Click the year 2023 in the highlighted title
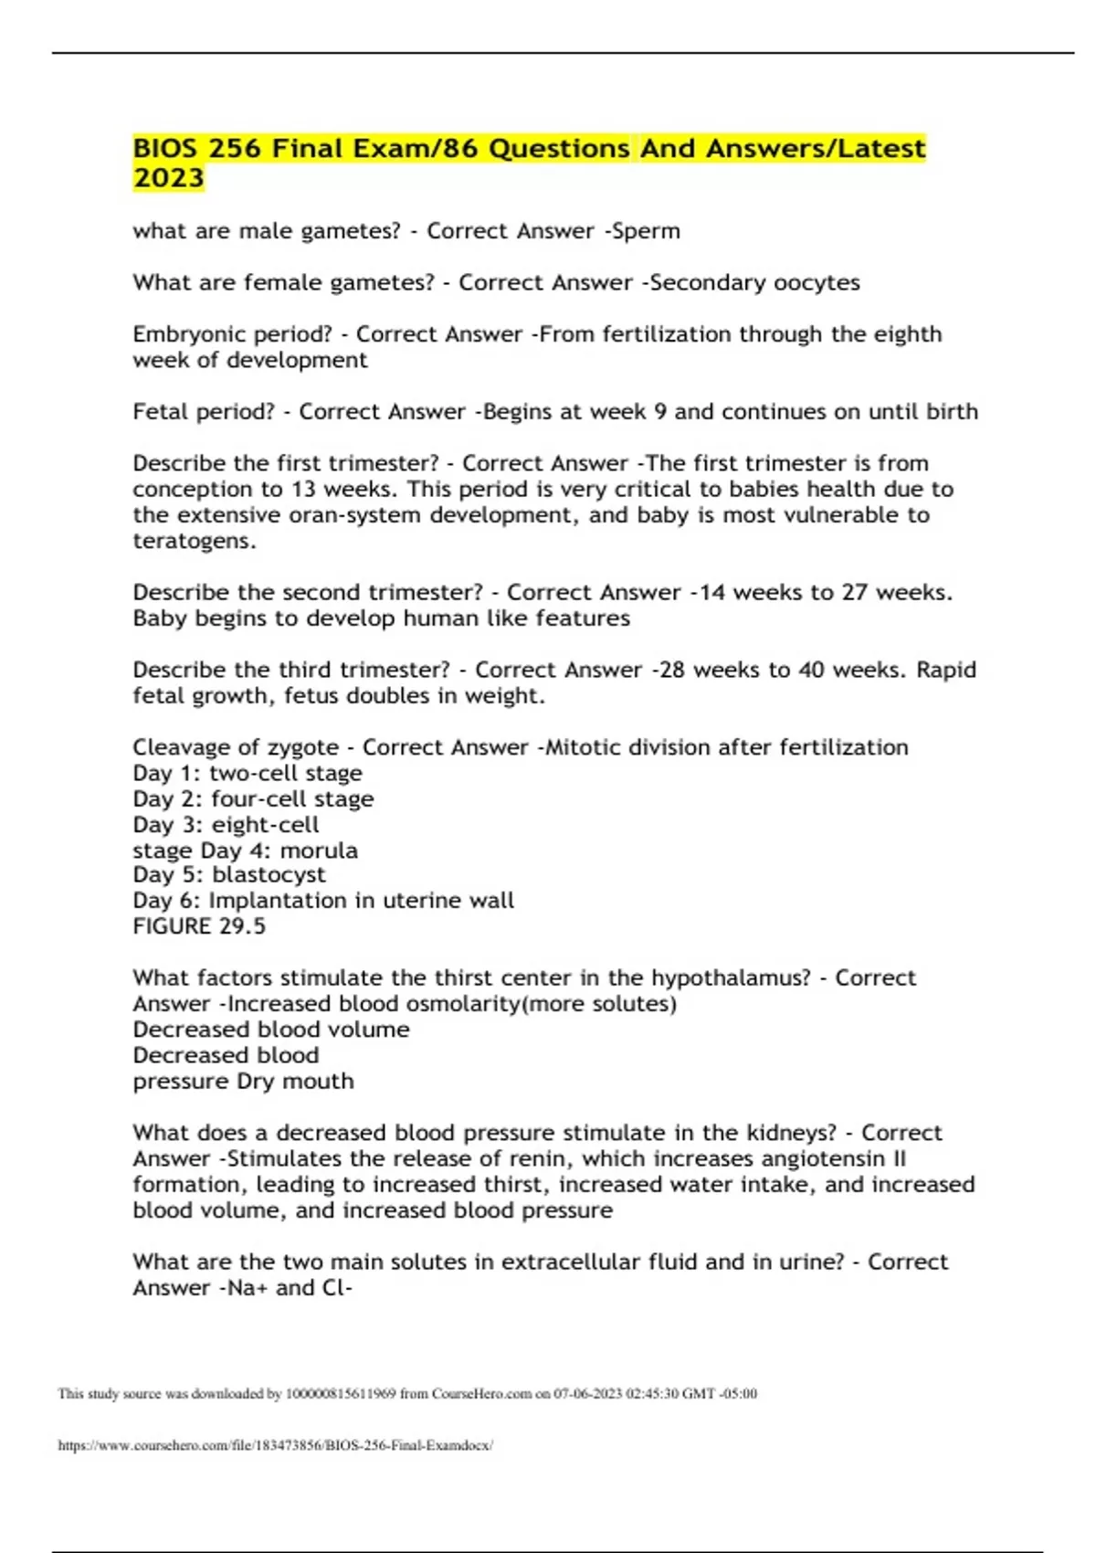(x=168, y=177)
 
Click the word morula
(x=319, y=850)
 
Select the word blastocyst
(x=269, y=875)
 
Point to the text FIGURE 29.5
(x=199, y=926)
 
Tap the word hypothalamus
(x=731, y=978)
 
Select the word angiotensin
(x=825, y=1159)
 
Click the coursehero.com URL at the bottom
(x=275, y=1445)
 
